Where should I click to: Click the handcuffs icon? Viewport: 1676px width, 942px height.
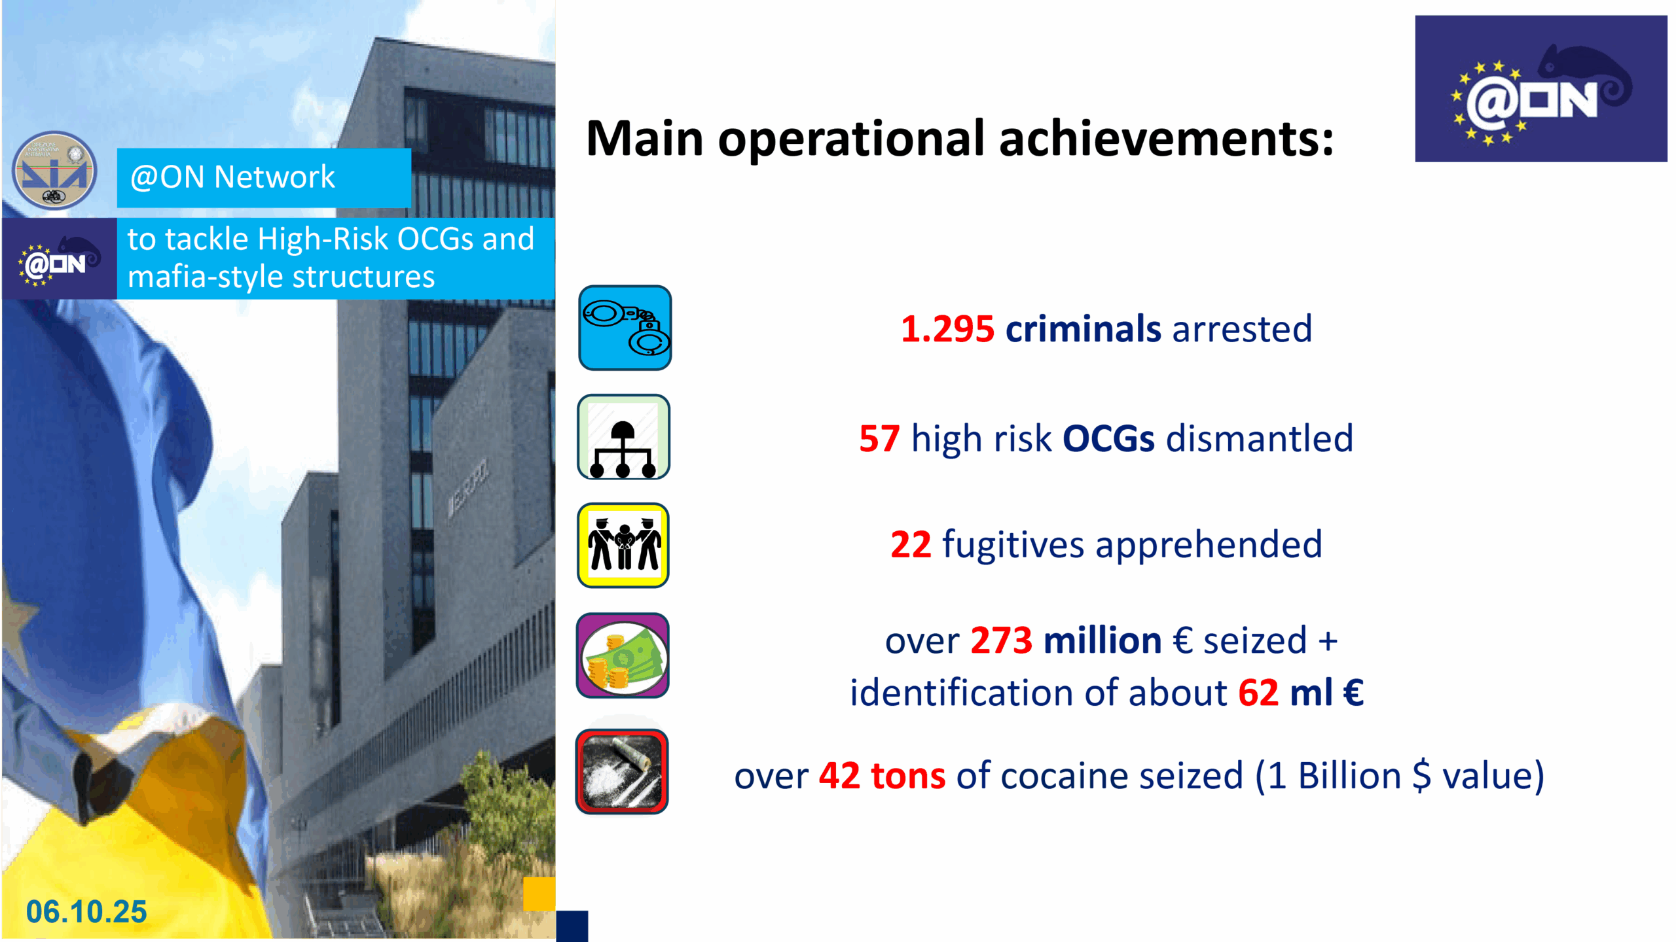coord(625,328)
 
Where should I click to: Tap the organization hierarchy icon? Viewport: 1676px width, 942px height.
coord(623,437)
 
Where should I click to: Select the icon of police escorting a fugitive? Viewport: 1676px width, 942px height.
coord(623,546)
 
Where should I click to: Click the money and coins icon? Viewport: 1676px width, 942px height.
coord(623,655)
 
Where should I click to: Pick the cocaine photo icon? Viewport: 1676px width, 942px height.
coord(622,772)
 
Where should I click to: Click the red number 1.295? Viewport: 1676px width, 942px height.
coord(947,328)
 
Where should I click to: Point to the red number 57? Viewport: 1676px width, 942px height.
coord(879,438)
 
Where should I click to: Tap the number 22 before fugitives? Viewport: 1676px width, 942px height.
coord(911,544)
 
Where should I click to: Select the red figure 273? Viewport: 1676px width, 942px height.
coord(1001,640)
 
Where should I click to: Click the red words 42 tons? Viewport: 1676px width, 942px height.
coord(883,776)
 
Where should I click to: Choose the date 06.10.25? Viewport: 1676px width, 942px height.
coord(86,912)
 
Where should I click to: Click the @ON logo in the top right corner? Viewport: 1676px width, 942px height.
coord(1541,89)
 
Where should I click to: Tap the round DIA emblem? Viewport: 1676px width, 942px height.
coord(55,171)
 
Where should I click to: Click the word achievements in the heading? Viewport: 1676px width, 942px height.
coord(1167,139)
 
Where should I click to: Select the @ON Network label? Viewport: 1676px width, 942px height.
coord(232,177)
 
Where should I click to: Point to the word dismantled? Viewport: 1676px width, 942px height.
coord(1260,438)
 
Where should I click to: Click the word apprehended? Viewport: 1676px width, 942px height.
coord(1209,545)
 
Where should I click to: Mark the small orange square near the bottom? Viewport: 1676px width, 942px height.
coord(539,894)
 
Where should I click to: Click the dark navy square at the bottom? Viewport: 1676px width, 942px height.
coord(572,926)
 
